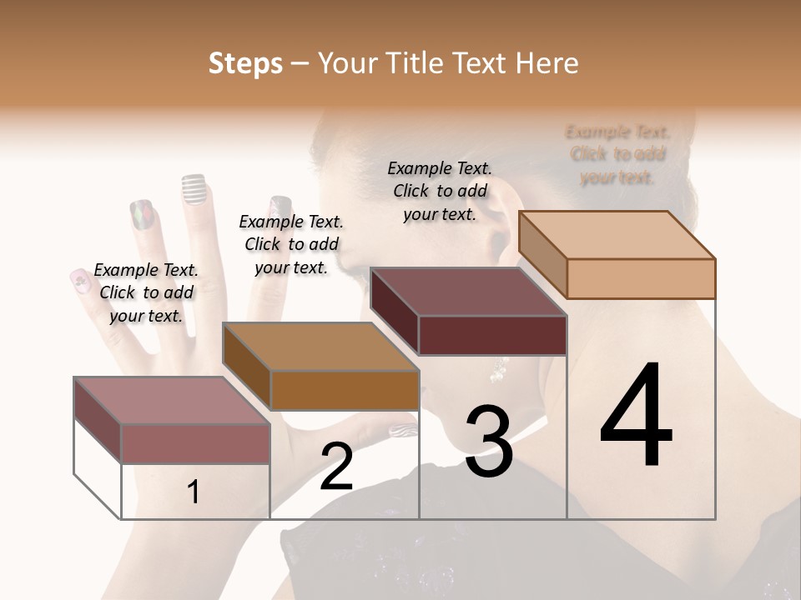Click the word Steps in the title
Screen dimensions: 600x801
[245, 63]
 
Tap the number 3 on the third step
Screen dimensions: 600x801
[488, 442]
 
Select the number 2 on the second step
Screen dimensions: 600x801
[336, 467]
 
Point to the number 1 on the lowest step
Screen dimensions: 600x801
[194, 492]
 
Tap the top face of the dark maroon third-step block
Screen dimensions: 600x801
[467, 292]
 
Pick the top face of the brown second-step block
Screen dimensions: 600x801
[320, 347]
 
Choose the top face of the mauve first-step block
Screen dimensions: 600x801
[172, 401]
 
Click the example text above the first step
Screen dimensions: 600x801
[146, 292]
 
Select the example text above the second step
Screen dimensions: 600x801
[291, 244]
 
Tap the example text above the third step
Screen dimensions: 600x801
[440, 191]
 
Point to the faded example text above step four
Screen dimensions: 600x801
[617, 154]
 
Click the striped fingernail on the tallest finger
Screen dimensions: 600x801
[194, 189]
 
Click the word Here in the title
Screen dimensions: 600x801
[548, 63]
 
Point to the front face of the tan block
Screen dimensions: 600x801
[641, 278]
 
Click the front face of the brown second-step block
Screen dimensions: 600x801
[345, 390]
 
